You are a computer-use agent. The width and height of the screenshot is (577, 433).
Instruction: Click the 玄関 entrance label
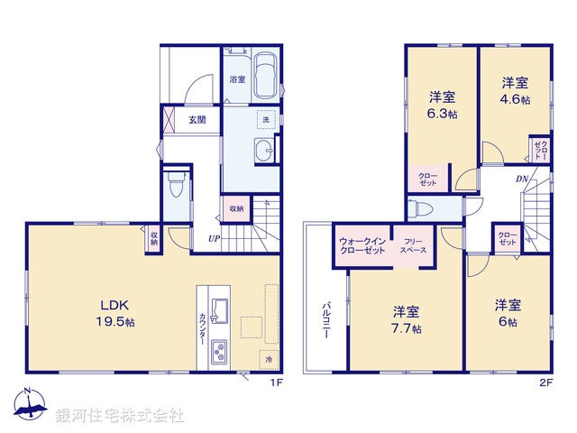pos(197,119)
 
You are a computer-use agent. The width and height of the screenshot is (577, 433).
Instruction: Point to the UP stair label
pos(214,238)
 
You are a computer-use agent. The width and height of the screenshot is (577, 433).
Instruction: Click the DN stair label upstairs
pos(521,179)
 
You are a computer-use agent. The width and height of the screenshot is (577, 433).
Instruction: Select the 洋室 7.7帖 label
pos(406,320)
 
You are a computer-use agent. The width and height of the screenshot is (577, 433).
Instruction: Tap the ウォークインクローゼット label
pos(362,244)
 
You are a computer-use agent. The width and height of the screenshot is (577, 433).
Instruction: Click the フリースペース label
pos(414,244)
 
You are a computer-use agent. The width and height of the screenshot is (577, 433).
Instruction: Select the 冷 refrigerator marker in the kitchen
pos(269,359)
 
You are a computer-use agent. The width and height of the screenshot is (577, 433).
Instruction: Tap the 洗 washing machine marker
pos(265,119)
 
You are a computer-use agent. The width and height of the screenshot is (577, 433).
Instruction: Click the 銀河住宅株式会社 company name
pos(120,416)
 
